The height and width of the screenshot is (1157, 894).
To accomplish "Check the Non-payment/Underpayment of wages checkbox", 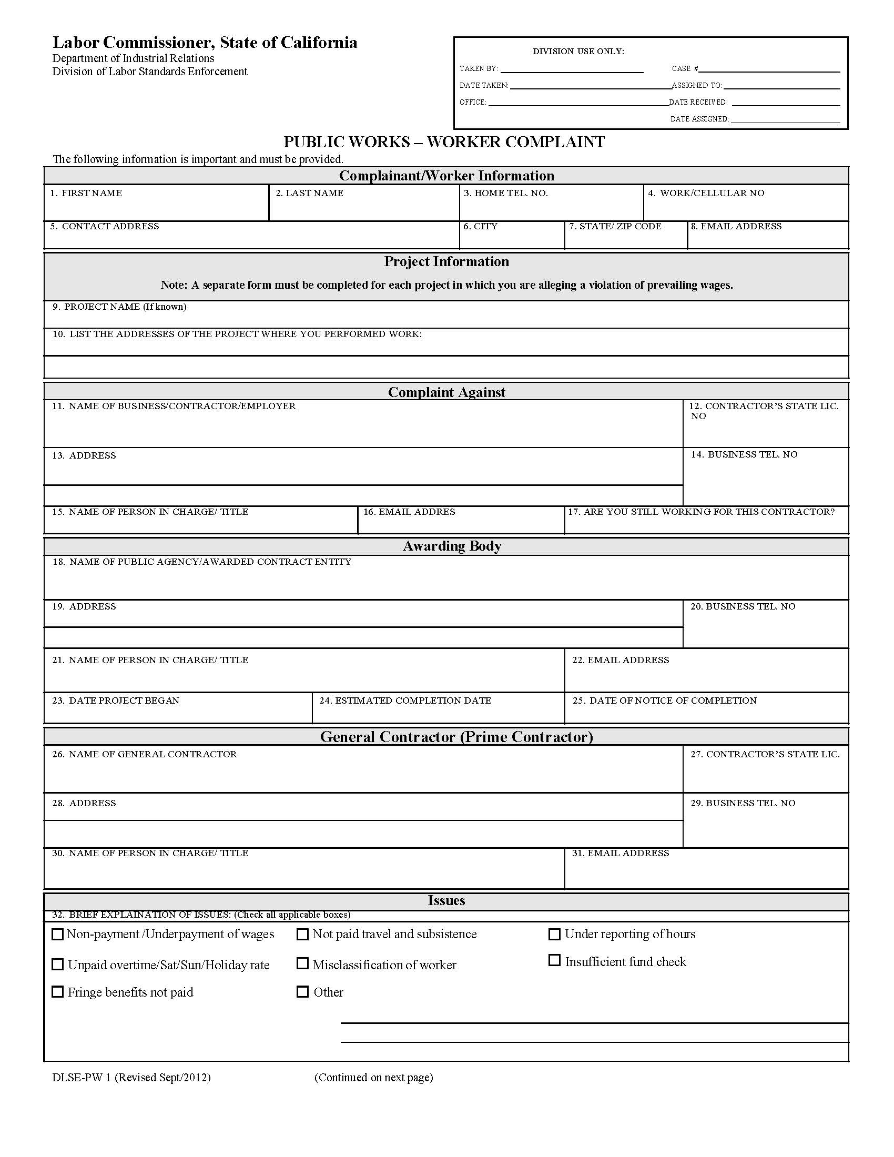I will (57, 934).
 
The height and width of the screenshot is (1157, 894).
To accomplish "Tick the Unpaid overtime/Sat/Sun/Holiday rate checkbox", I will (57, 964).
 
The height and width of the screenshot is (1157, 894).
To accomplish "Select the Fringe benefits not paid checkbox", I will (57, 991).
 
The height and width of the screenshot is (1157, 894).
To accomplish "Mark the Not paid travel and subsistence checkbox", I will (302, 934).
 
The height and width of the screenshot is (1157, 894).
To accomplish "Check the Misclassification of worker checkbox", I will (302, 963).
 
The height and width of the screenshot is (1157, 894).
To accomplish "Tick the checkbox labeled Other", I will (302, 991).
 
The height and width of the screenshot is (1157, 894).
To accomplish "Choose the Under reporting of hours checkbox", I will (554, 934).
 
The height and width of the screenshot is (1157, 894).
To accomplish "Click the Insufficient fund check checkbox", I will (554, 960).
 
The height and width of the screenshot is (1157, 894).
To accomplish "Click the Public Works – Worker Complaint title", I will (444, 142).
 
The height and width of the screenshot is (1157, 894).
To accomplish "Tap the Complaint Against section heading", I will (446, 392).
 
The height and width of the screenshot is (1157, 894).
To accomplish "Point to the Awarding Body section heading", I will (452, 546).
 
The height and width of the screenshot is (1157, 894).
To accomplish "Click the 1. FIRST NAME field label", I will (86, 194).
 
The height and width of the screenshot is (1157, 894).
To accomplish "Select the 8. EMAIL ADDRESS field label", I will (736, 226).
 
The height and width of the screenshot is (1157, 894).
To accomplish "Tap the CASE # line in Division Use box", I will (769, 68).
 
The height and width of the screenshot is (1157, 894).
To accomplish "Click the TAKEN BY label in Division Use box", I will (479, 69).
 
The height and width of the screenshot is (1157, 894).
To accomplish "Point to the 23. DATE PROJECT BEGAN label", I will (116, 701).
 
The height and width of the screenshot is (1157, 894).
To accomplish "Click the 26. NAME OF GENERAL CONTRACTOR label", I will (144, 754).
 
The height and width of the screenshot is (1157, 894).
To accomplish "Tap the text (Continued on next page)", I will (373, 1077).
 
